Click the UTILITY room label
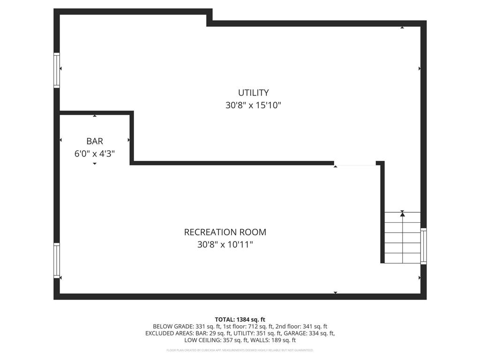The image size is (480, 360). [x=253, y=93]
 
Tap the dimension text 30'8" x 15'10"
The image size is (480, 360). [x=253, y=105]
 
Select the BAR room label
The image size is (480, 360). [x=95, y=141]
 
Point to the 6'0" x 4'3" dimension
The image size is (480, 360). [x=95, y=153]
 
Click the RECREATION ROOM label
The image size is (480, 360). [x=225, y=232]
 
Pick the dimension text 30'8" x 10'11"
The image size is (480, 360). [x=225, y=245]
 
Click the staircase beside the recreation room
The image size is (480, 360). [x=402, y=237]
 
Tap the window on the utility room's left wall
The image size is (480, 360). [x=57, y=70]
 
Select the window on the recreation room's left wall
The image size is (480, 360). [x=57, y=261]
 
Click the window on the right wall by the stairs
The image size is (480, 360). [x=424, y=246]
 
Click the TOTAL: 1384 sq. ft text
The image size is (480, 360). [x=240, y=319]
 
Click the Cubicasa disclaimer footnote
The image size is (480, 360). [x=240, y=350]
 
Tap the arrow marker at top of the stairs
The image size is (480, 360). [x=402, y=214]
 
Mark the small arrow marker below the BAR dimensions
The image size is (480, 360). [x=95, y=164]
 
